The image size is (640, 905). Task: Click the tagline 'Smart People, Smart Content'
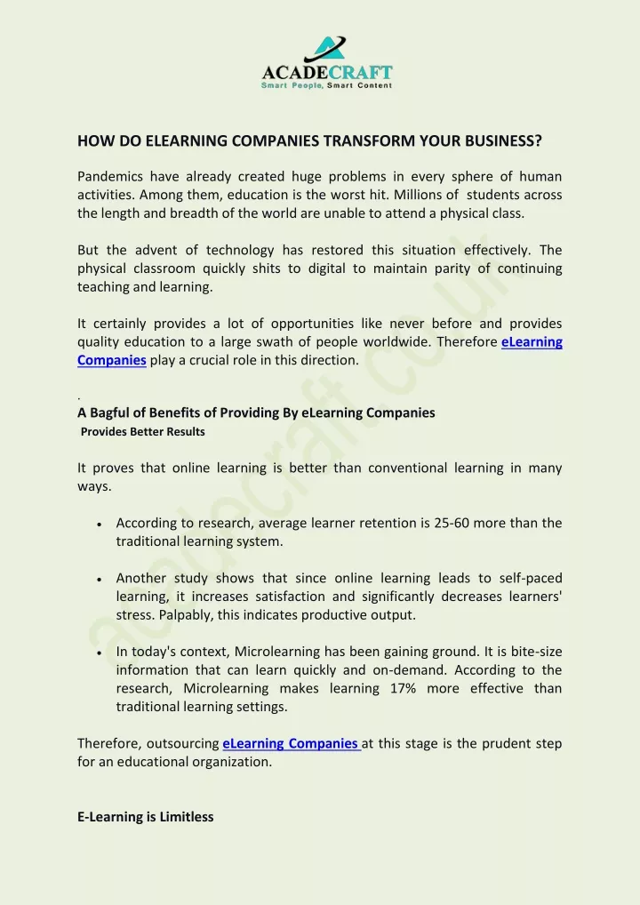326,85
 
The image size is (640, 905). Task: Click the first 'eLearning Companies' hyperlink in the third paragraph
532,342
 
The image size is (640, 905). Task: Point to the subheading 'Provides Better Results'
143,432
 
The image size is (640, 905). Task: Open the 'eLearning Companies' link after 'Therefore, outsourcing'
291,743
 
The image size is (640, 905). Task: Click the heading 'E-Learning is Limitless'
145,816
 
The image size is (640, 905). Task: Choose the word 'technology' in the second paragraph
241,250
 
